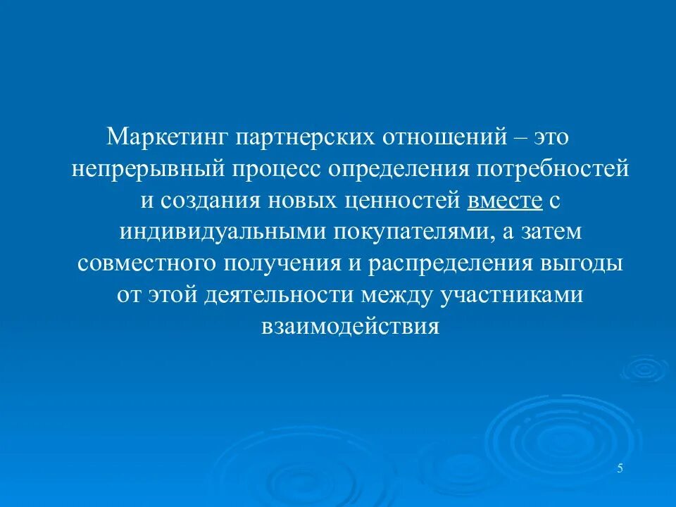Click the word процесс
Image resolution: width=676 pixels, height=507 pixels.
[x=274, y=169]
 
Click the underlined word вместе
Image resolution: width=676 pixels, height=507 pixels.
[x=504, y=201]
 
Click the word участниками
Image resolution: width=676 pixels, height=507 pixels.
[x=512, y=296]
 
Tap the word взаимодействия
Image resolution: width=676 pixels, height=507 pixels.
[x=350, y=327]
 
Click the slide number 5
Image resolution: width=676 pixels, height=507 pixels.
[x=620, y=470]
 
